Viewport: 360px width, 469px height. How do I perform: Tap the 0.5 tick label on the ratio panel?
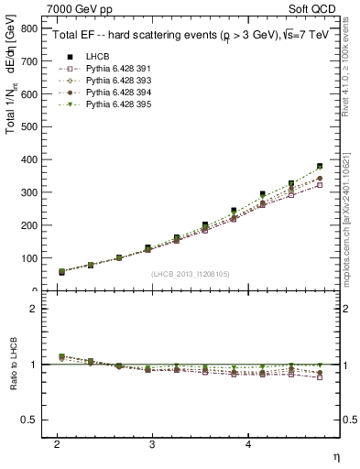click(x=31, y=420)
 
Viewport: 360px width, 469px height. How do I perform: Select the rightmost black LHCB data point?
click(x=320, y=167)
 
